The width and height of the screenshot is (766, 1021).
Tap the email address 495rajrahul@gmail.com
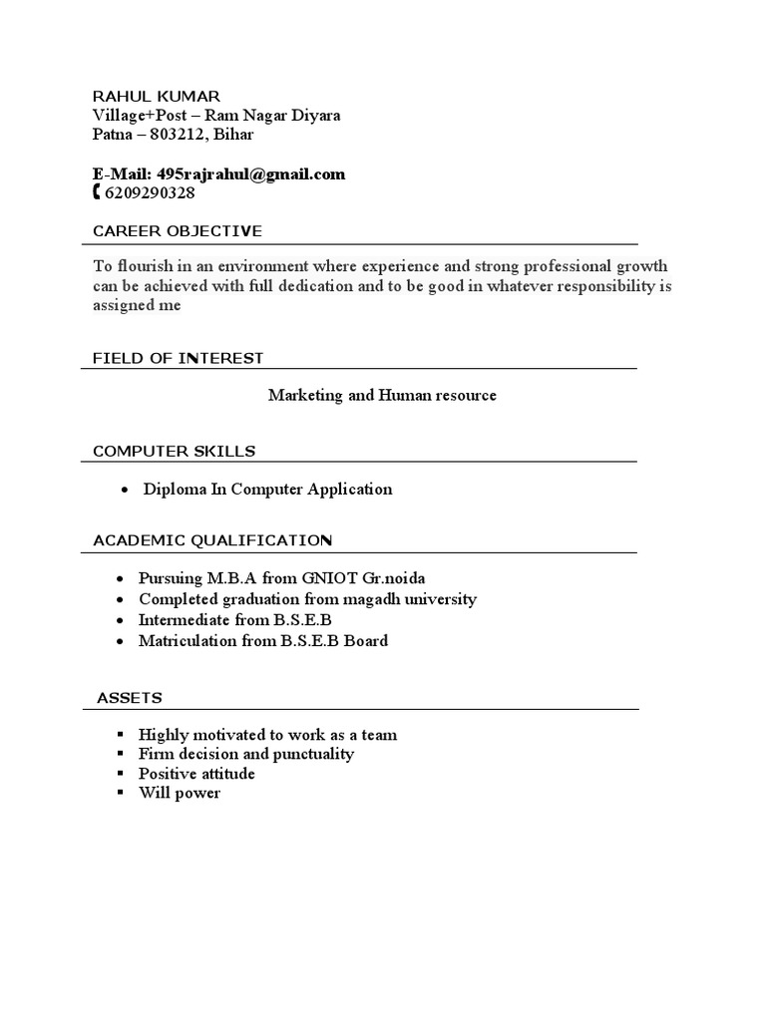click(x=251, y=174)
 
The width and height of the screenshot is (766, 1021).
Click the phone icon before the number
click(x=96, y=192)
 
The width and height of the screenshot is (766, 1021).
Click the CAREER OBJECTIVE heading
click(x=178, y=231)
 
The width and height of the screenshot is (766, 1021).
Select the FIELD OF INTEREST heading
click(x=178, y=358)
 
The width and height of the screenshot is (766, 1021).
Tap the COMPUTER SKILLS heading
click(x=174, y=451)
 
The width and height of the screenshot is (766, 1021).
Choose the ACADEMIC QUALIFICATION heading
click(x=212, y=540)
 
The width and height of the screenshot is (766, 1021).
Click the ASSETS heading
click(x=130, y=697)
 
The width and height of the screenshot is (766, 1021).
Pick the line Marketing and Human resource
click(x=382, y=396)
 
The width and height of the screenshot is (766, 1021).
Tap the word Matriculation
click(x=189, y=640)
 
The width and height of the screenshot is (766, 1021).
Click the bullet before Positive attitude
click(x=120, y=774)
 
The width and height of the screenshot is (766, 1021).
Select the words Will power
click(x=180, y=794)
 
